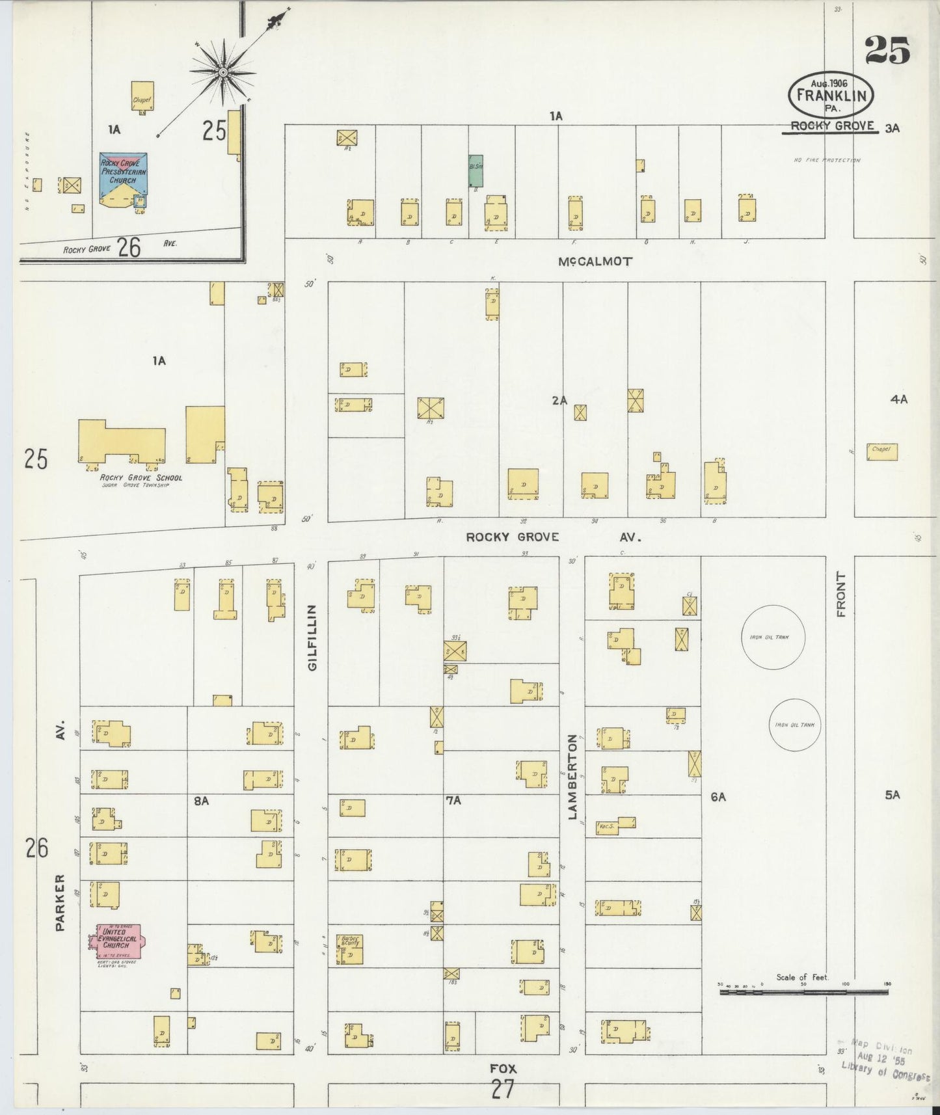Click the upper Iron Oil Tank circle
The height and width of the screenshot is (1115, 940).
pyautogui.click(x=773, y=637)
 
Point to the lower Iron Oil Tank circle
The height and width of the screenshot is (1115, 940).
pyautogui.click(x=794, y=725)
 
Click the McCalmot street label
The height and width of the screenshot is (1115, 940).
pyautogui.click(x=595, y=262)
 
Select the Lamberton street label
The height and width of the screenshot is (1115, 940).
pyautogui.click(x=572, y=776)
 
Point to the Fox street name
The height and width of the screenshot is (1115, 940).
pyautogui.click(x=503, y=1068)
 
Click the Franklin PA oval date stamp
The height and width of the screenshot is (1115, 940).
pyautogui.click(x=830, y=96)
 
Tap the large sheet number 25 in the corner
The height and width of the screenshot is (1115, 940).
pyautogui.click(x=887, y=51)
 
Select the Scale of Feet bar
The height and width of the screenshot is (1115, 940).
pyautogui.click(x=803, y=993)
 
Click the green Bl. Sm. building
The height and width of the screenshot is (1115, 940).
pyautogui.click(x=476, y=171)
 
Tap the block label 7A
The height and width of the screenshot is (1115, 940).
pyautogui.click(x=453, y=801)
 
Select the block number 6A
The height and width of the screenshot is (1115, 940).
pyautogui.click(x=718, y=796)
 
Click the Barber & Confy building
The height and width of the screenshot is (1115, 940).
pyautogui.click(x=349, y=949)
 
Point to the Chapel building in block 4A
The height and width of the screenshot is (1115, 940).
pyautogui.click(x=881, y=451)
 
